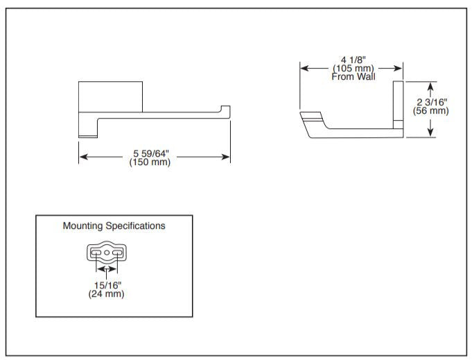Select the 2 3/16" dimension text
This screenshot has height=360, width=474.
click(x=432, y=102)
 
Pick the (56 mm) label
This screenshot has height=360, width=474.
click(x=432, y=111)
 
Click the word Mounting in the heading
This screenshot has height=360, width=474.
click(x=82, y=226)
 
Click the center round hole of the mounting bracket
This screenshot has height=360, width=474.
click(x=107, y=253)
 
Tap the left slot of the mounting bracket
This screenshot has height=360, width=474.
click(x=96, y=253)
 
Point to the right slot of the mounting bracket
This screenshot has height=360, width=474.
click(x=117, y=253)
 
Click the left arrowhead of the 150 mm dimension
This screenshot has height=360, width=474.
click(x=82, y=157)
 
